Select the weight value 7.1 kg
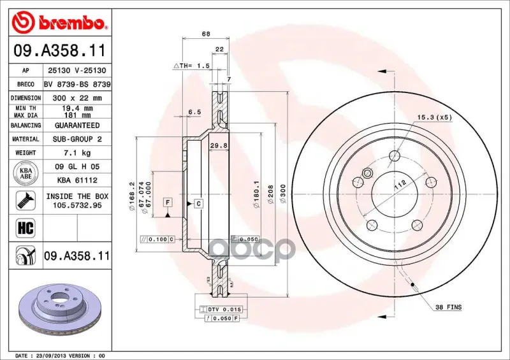[77, 153]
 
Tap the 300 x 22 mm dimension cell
[77, 98]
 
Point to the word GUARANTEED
[77, 125]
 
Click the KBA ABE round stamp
[25, 173]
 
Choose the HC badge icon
[25, 227]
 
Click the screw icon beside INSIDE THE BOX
[25, 200]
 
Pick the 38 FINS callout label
[448, 307]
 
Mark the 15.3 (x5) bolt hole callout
[435, 117]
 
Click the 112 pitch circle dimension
[400, 184]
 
